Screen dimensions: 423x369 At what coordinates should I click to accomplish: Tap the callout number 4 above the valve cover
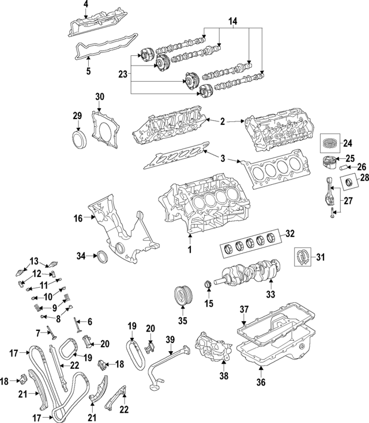coord(85,5)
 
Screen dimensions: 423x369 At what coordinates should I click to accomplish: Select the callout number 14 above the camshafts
coord(232,21)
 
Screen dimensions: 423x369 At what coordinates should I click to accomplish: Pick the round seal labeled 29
coord(77,139)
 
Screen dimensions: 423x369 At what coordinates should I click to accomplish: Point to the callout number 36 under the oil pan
coord(261,380)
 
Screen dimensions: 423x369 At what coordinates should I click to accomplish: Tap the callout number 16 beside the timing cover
coord(78,218)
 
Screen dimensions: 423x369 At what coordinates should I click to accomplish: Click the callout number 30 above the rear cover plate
coord(99,97)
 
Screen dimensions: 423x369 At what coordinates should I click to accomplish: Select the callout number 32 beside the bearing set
coord(289,234)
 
